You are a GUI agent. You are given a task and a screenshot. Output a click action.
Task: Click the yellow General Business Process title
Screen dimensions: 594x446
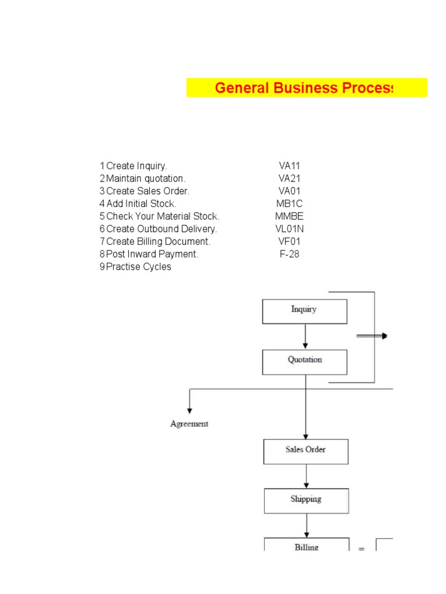[306, 88]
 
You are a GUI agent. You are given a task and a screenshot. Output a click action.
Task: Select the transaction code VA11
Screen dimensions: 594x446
[289, 166]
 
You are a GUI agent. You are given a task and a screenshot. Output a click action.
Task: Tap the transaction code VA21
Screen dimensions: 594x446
[289, 179]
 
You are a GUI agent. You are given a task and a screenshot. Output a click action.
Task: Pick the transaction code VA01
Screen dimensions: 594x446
[289, 191]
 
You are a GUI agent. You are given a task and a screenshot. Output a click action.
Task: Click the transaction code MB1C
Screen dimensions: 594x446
[289, 204]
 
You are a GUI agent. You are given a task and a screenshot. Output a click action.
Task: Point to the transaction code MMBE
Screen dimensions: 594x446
[289, 216]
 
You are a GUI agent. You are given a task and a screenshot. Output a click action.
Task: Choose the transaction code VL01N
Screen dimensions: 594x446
[289, 229]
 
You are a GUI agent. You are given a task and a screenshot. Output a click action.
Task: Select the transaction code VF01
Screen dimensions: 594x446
[289, 241]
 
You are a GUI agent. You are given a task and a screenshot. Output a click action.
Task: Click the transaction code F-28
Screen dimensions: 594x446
[289, 254]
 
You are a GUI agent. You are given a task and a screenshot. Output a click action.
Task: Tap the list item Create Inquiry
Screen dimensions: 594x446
[136, 166]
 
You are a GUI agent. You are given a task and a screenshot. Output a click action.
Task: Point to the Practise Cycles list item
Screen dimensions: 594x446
[139, 267]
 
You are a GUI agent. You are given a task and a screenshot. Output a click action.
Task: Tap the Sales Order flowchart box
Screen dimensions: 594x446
[305, 451]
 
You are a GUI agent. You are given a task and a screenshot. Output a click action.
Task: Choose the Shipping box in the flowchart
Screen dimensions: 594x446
[306, 500]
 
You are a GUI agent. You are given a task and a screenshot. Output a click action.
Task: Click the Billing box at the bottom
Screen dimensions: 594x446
[306, 545]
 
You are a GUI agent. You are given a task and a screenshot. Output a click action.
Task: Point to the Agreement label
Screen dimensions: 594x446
[189, 424]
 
